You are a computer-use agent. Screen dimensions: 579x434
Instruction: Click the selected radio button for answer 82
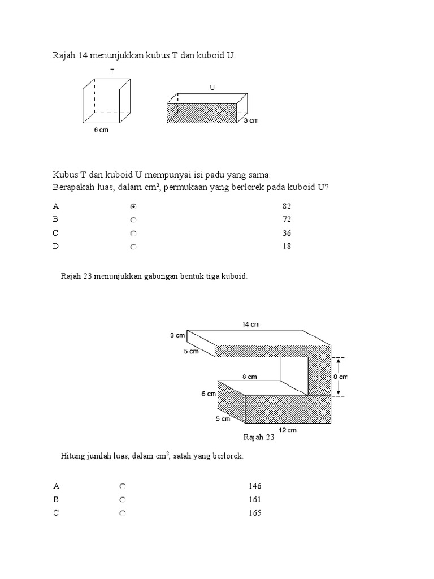coord(133,206)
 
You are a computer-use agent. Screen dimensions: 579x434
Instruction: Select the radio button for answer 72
coord(133,219)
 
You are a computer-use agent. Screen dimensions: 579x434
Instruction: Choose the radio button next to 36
coord(133,233)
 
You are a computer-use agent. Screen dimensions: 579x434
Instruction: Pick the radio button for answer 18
coord(133,247)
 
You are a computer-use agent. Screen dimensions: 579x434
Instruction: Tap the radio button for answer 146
coord(122,486)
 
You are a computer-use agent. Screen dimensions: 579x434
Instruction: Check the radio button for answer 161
coord(122,500)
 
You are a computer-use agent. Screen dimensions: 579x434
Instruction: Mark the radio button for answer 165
coord(122,513)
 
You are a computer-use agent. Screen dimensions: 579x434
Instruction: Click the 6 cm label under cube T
coord(101,129)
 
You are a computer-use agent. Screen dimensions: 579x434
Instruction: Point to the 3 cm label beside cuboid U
coord(250,121)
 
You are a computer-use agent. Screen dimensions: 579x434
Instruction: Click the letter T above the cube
coord(112,71)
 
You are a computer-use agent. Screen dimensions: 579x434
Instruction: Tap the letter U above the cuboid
coord(212,88)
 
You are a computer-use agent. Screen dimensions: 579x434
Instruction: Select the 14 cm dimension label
coord(251,324)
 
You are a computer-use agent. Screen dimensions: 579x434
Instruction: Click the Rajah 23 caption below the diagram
coord(258,437)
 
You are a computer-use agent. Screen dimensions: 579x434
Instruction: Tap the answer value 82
coord(287,206)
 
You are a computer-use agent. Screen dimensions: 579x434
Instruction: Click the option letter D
coord(56,247)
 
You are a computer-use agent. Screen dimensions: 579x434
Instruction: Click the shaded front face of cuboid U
coord(202,113)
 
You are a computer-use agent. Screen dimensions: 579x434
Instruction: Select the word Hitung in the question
coord(72,456)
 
